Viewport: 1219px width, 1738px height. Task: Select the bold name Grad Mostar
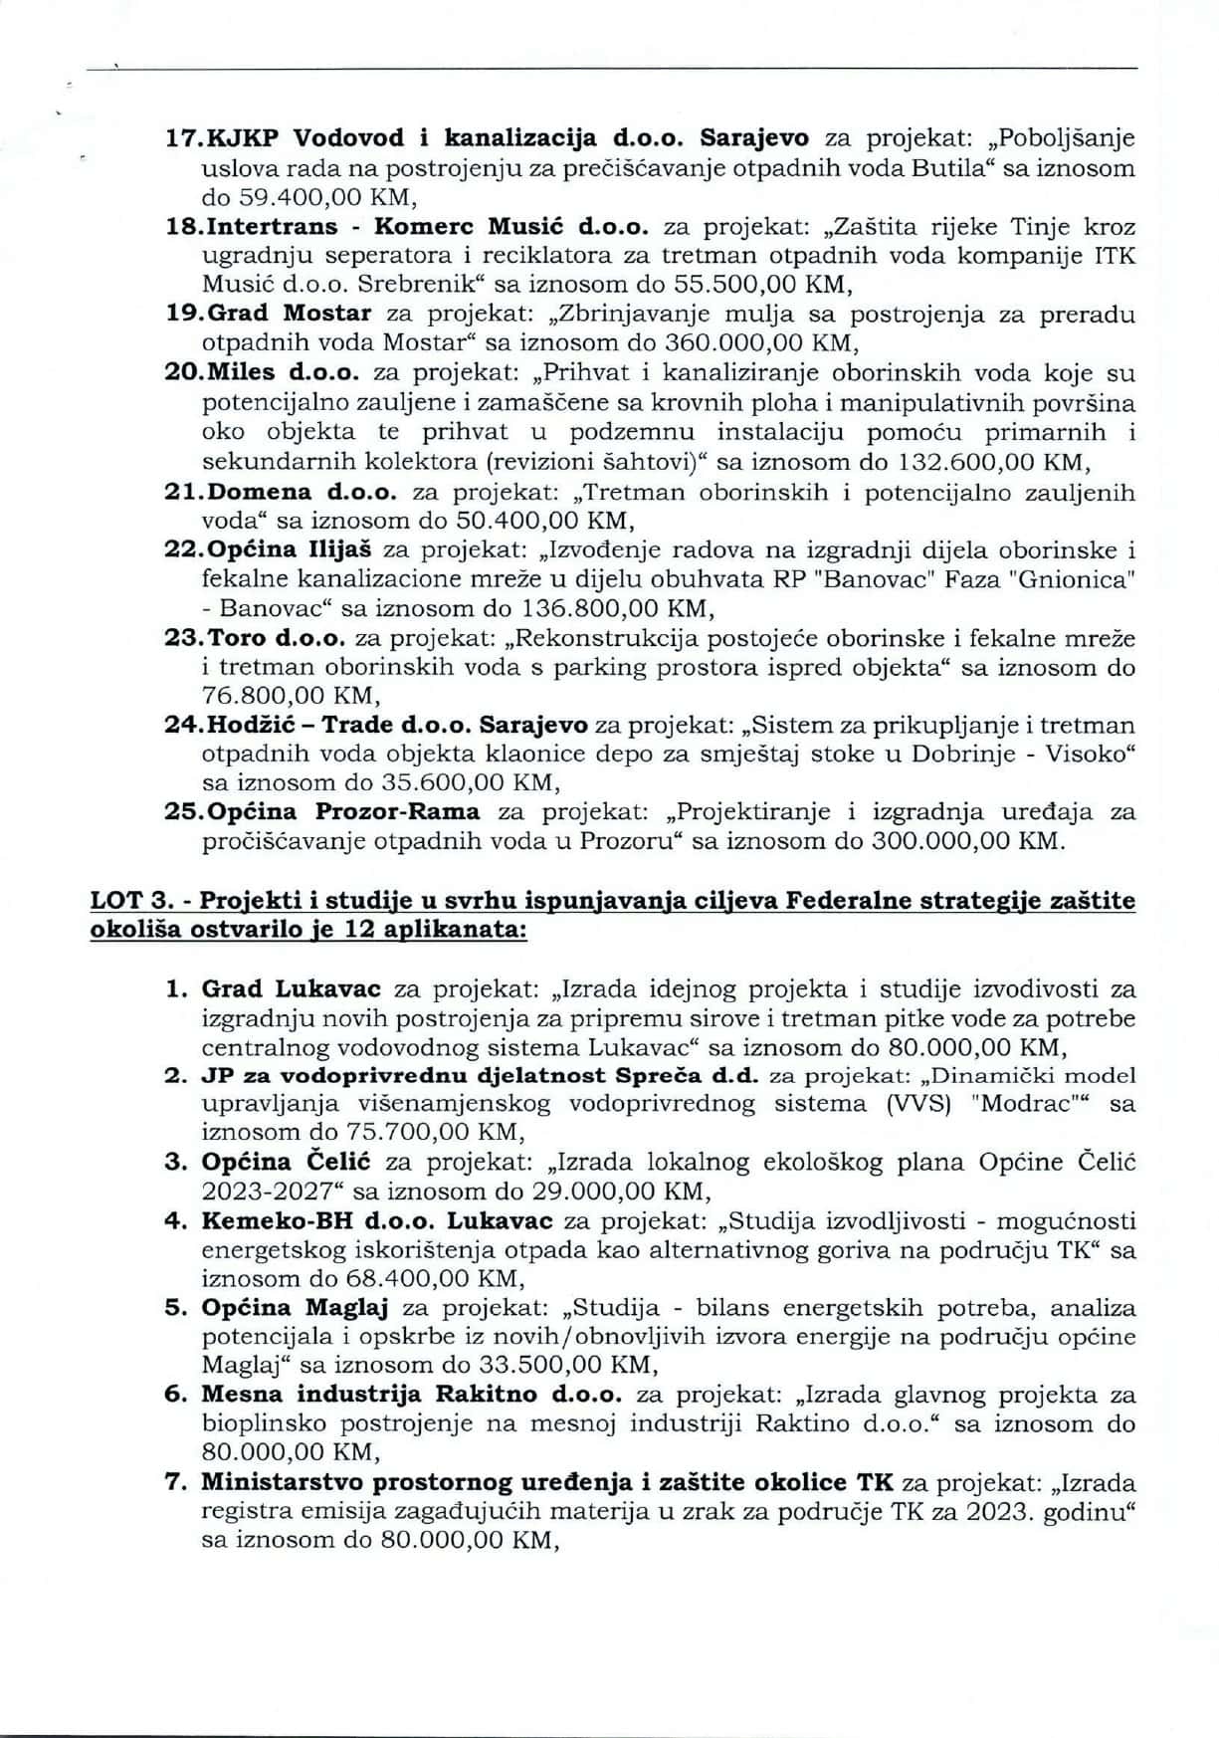[x=289, y=314]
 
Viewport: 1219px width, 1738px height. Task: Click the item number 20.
[x=183, y=373]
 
